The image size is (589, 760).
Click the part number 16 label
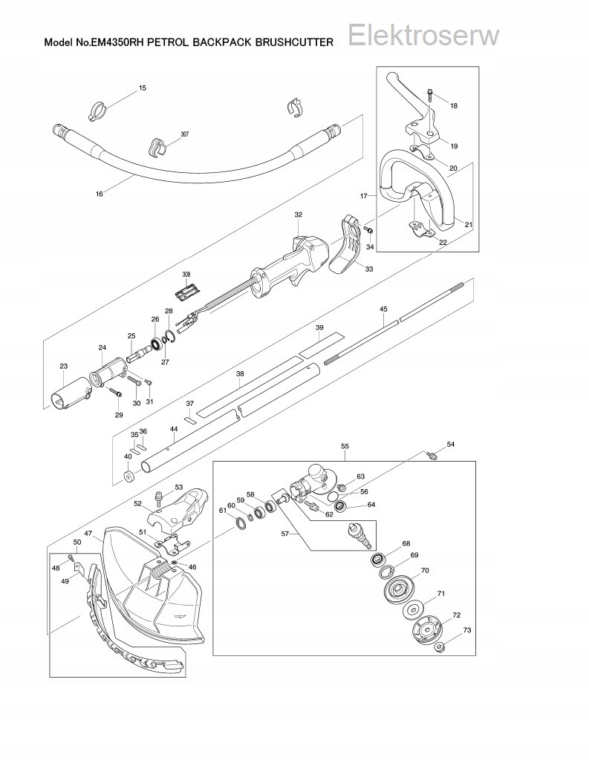tap(100, 194)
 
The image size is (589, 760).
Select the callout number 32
tap(298, 214)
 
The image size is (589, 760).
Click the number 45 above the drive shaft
tap(383, 308)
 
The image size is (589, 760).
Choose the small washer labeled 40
tap(128, 475)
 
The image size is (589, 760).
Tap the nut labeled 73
tap(440, 648)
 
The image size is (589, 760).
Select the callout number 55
tap(345, 446)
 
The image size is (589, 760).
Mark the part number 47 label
tap(88, 534)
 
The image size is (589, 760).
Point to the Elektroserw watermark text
tap(423, 35)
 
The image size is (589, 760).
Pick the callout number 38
tap(240, 374)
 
